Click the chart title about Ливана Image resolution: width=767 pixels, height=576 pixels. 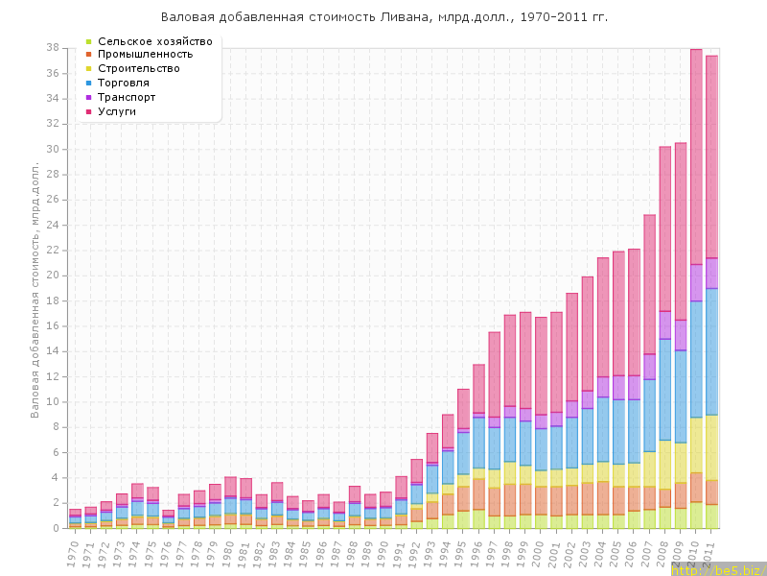point(383,17)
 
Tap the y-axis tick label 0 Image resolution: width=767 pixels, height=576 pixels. point(57,528)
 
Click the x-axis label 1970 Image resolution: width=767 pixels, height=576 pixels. point(73,551)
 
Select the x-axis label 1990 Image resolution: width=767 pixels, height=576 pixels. point(383,551)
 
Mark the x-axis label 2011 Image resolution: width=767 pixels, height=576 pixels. point(709,551)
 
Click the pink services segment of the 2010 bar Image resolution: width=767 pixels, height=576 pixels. point(696,154)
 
